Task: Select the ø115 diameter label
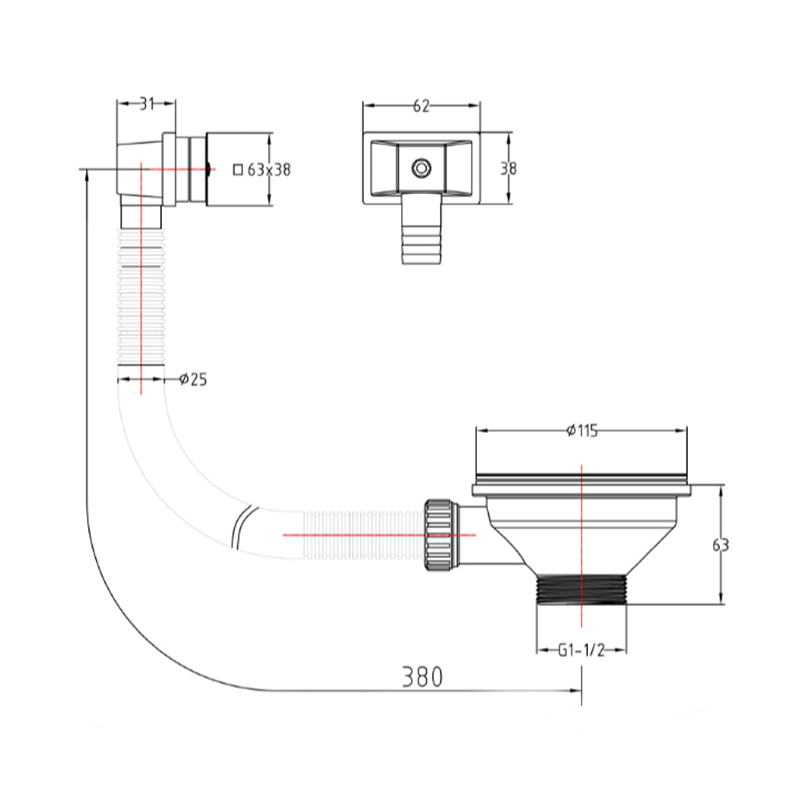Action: click(x=582, y=430)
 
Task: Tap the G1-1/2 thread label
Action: click(x=582, y=650)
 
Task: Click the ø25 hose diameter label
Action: click(x=193, y=380)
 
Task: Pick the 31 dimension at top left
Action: click(x=147, y=102)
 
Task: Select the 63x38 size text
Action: click(x=269, y=169)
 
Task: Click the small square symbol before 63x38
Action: click(x=238, y=169)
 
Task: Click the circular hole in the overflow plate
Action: click(x=422, y=167)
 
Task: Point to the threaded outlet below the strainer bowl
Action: click(x=582, y=590)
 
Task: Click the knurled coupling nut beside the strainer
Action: click(x=436, y=533)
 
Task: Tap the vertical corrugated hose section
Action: click(x=141, y=299)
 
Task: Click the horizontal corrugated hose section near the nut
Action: click(x=362, y=534)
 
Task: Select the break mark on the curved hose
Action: click(x=241, y=525)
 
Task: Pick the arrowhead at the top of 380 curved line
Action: click(x=85, y=174)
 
